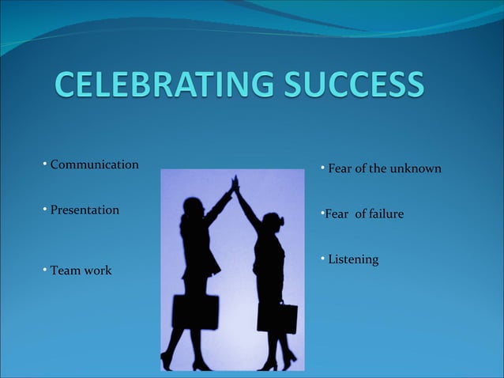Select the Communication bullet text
(94, 164)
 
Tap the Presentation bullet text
(85, 210)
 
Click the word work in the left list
(96, 270)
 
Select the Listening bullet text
(353, 259)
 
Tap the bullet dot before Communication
(45, 164)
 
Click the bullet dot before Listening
(322, 258)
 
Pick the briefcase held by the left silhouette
(194, 312)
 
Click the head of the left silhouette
(193, 207)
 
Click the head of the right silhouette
(273, 221)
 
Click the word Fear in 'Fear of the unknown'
(340, 169)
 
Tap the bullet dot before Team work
(45, 270)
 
